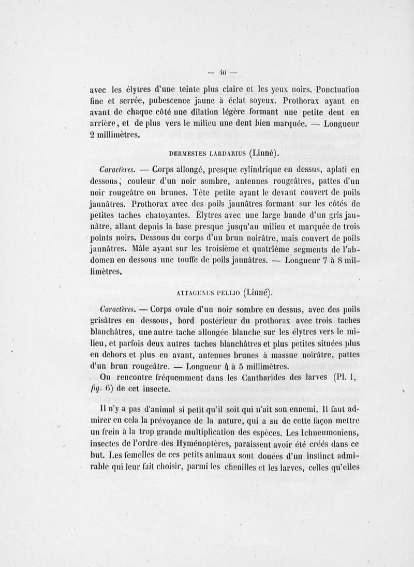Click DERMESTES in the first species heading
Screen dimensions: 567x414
[188, 153]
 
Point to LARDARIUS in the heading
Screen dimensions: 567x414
[228, 153]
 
